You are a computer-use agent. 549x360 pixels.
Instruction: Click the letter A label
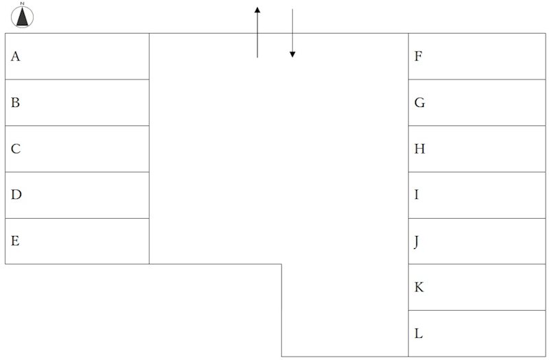(x=15, y=56)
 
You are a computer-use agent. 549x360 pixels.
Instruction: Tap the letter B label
(x=15, y=102)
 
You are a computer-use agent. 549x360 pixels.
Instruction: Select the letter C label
(x=16, y=149)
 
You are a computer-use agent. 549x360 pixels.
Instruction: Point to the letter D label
(x=16, y=195)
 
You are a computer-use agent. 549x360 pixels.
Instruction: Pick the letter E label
(x=15, y=241)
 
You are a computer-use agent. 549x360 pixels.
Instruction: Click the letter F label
(x=419, y=56)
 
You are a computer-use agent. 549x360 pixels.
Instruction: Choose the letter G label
(x=419, y=102)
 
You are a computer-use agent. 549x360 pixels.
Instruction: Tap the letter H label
(x=420, y=149)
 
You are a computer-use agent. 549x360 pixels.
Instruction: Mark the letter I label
(x=417, y=195)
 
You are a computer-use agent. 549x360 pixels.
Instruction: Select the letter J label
(x=417, y=242)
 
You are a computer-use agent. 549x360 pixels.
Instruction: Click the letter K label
(x=419, y=287)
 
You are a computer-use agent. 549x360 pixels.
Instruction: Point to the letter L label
(x=419, y=333)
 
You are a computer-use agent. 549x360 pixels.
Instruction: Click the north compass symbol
(x=23, y=16)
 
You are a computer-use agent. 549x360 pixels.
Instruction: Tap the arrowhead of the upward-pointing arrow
(x=257, y=10)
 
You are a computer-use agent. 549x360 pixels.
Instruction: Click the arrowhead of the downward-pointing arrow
(x=292, y=54)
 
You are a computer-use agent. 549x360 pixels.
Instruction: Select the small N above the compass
(x=23, y=3)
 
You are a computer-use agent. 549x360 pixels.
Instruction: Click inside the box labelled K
(x=477, y=287)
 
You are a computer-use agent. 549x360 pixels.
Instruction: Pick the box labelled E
(x=77, y=241)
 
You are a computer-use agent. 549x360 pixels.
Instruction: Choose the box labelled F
(x=477, y=56)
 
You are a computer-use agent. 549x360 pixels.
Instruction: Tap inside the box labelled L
(x=477, y=333)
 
